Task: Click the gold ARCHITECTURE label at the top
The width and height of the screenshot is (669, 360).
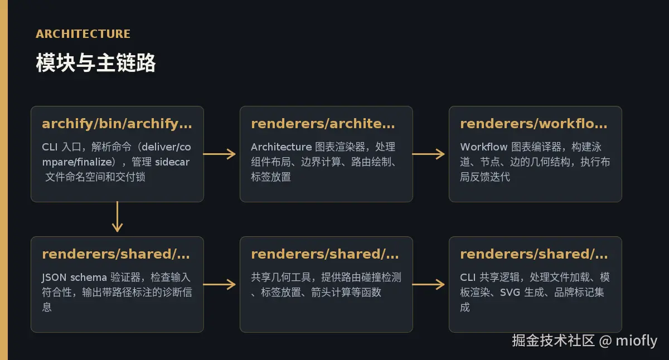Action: pos(83,34)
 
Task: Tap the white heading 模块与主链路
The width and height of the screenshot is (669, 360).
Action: pos(95,62)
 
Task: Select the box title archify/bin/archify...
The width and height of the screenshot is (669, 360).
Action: pos(117,124)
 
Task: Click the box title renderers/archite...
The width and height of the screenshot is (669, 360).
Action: pos(323,124)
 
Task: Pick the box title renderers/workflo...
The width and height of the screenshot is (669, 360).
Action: pos(534,124)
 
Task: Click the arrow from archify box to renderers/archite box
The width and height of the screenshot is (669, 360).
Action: pos(219,154)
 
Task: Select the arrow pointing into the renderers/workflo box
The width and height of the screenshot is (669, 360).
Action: pos(428,154)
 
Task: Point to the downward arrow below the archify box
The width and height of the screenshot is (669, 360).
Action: pos(118,217)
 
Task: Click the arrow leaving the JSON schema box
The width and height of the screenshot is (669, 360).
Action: pos(219,284)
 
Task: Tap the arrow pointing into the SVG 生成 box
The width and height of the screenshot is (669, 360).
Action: pos(428,284)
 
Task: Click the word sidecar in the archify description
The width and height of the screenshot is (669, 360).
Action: pos(172,162)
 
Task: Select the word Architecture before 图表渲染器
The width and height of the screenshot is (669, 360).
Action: pos(282,147)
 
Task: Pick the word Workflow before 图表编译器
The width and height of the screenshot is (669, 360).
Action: pos(484,147)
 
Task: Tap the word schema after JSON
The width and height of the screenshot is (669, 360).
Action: pos(89,278)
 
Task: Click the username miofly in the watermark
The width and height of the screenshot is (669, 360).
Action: pos(637,340)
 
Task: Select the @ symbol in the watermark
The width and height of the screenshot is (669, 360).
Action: pos(605,341)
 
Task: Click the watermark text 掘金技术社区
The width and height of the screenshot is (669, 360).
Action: pos(554,340)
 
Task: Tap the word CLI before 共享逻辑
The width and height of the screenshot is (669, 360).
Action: pos(468,278)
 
